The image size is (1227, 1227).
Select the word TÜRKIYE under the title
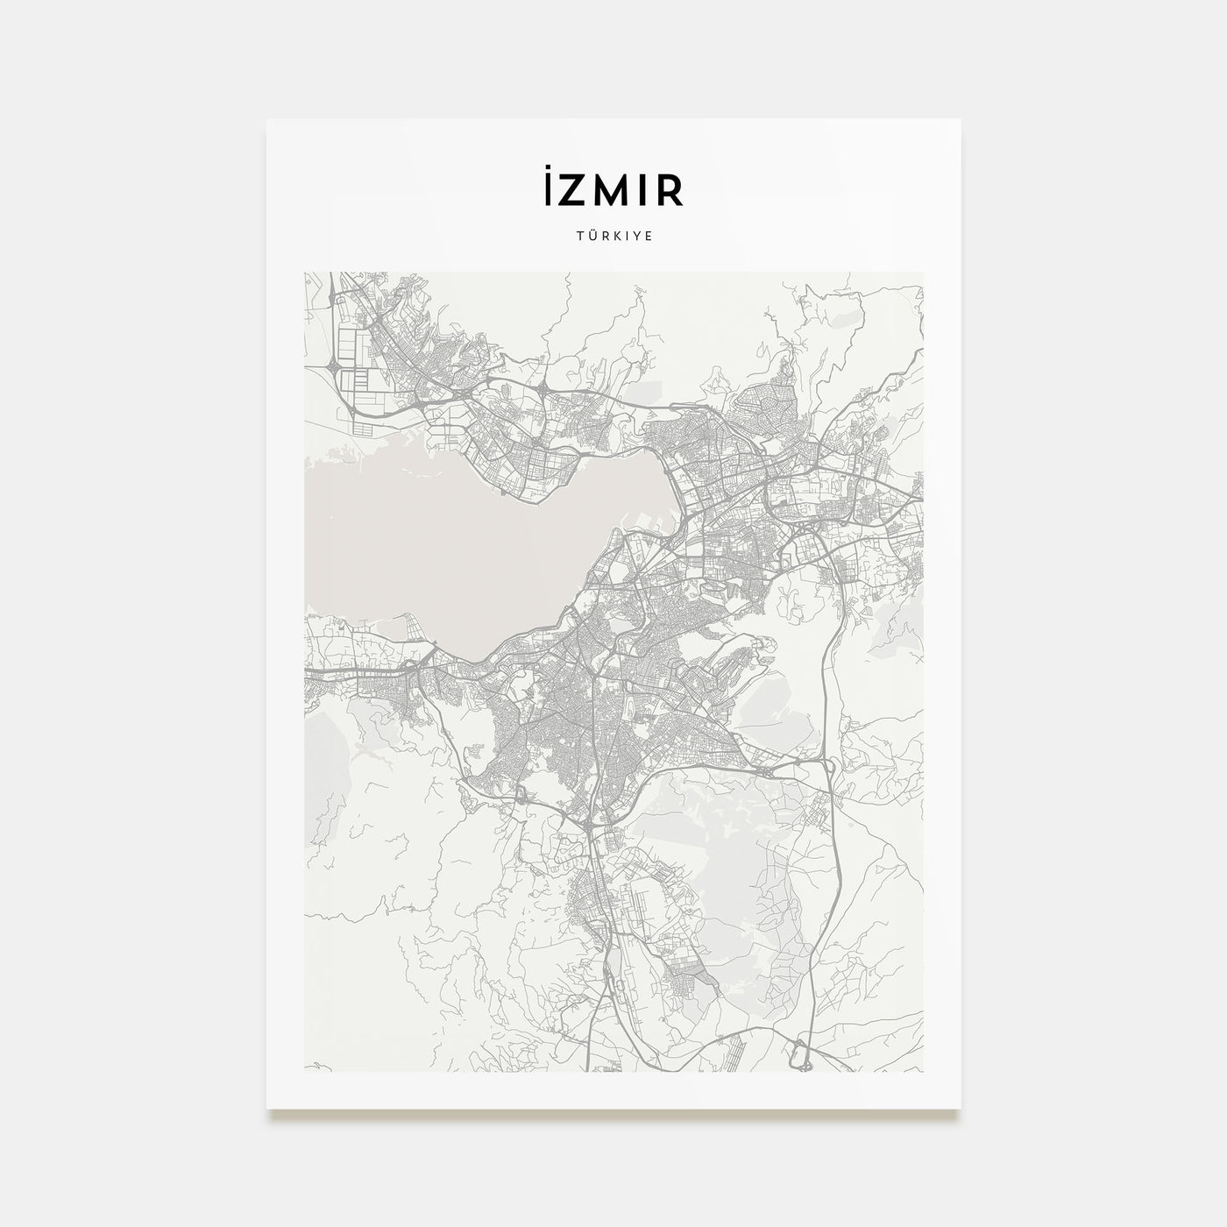(613, 236)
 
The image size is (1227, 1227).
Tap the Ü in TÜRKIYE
(589, 235)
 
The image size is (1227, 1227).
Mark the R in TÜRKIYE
(602, 236)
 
